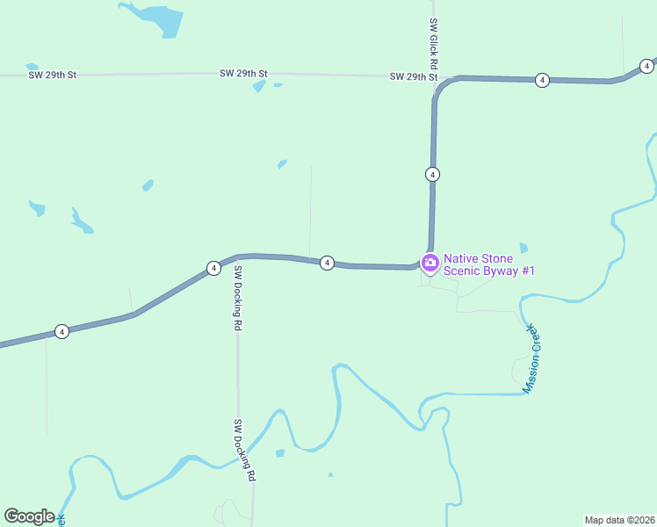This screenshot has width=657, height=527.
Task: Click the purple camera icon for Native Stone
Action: coord(430,263)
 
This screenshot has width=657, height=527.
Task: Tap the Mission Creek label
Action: coord(531,358)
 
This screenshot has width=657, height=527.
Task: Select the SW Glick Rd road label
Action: coord(433,46)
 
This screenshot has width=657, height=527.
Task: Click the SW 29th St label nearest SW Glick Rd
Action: coord(414,77)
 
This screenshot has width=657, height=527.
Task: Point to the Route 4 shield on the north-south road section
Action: coord(432,174)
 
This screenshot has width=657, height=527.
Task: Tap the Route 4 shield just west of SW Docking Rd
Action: coord(213,268)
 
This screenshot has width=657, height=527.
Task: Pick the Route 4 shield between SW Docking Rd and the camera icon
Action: coord(327,263)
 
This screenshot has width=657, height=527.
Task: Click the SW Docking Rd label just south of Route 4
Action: coord(237,298)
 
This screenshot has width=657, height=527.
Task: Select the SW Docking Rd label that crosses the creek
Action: coord(244,449)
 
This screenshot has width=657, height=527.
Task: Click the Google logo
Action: coord(29,516)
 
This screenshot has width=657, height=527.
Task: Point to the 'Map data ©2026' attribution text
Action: coord(619,519)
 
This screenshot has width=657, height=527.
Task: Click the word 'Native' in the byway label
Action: coord(461,258)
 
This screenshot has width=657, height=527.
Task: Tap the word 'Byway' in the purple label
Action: coord(502,271)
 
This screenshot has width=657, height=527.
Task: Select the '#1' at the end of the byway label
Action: coord(528,271)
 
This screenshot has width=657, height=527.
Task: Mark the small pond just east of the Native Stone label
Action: coord(524,248)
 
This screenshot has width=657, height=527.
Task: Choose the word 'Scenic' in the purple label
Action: coord(462,271)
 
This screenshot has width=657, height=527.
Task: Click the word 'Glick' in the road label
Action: coord(433,41)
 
